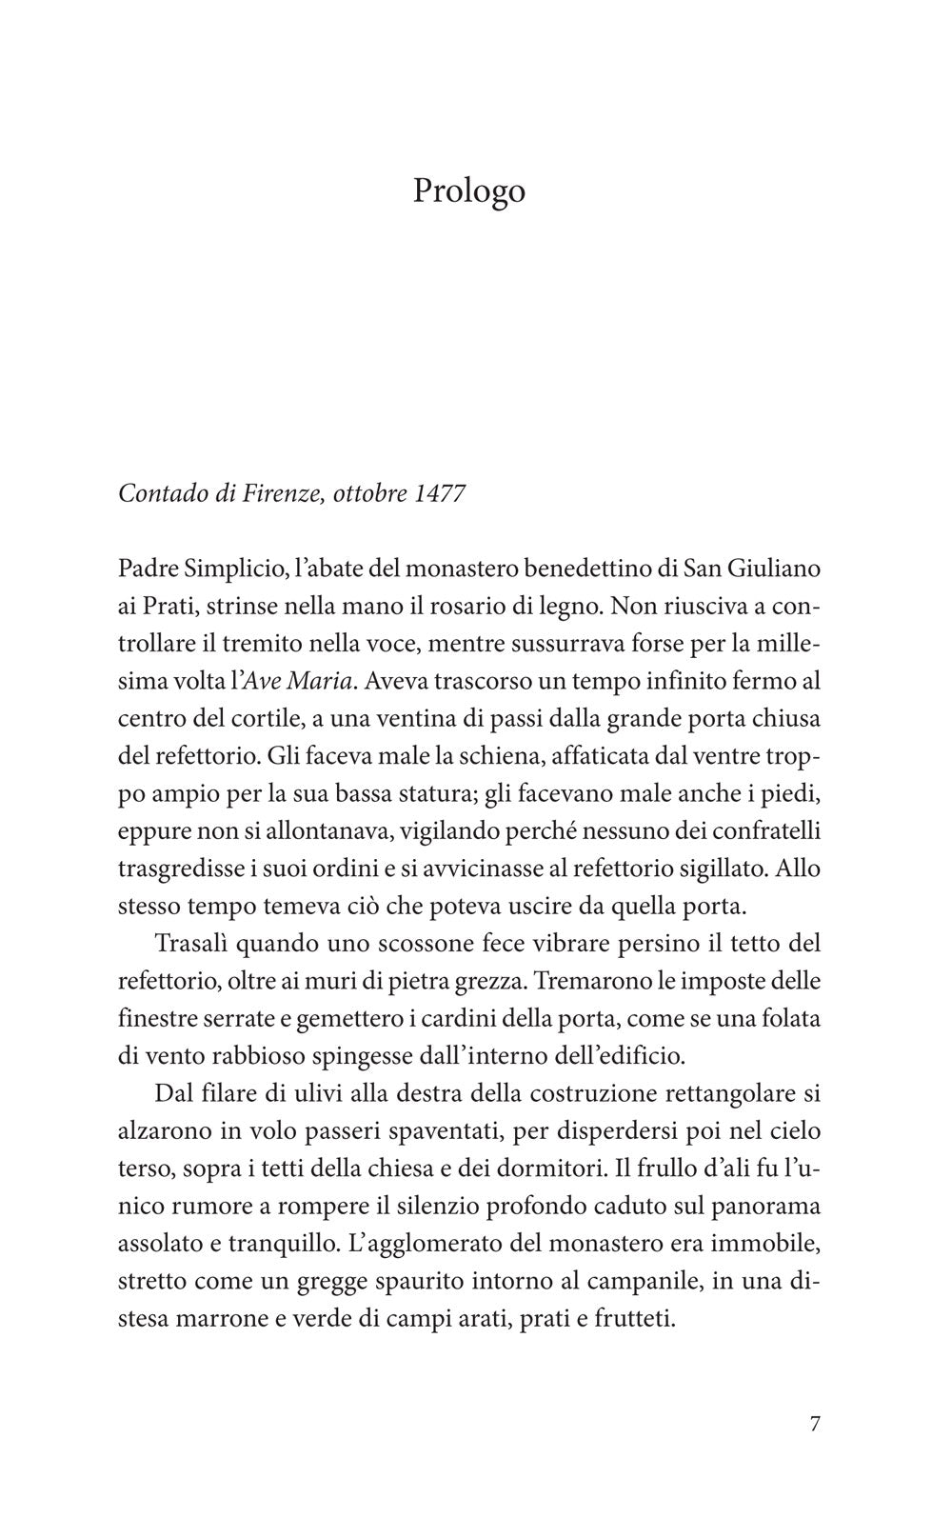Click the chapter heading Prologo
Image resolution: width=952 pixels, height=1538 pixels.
click(468, 190)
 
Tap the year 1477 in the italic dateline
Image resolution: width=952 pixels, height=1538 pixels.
click(441, 494)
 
